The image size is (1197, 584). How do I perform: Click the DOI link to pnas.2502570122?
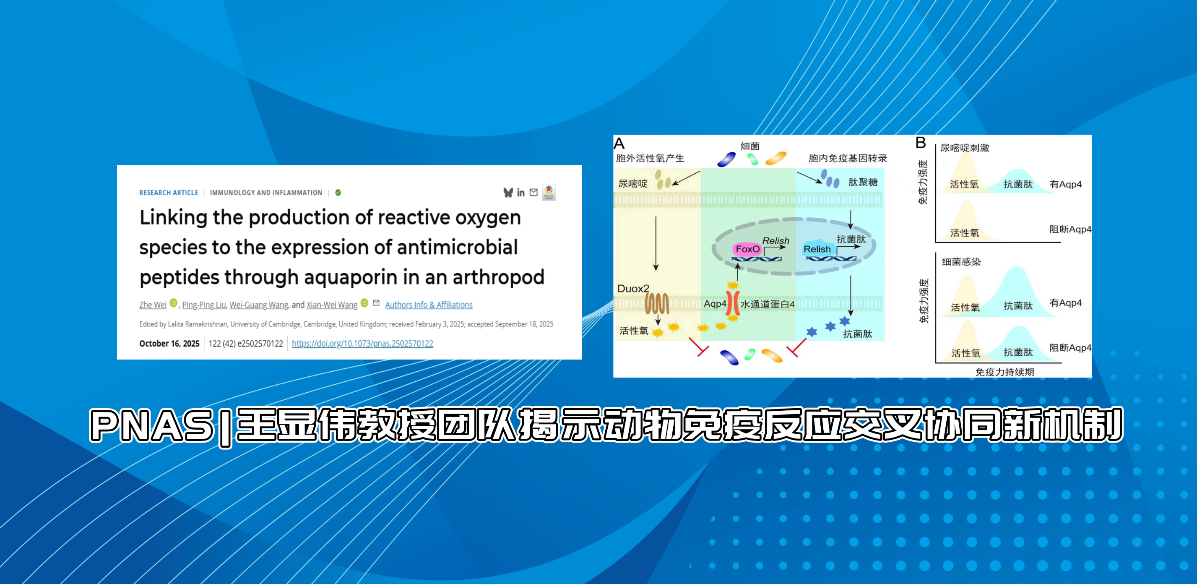[362, 344]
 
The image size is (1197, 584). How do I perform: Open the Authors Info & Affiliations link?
[429, 305]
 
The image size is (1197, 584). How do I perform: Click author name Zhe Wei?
[153, 305]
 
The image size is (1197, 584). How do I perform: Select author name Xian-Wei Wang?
[332, 305]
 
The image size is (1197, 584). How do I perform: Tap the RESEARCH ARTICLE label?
[169, 193]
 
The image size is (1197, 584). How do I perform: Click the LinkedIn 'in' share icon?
[521, 193]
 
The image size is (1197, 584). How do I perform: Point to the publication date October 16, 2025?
[169, 344]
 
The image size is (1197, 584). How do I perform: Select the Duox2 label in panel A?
[633, 288]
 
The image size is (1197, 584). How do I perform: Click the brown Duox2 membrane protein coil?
[656, 304]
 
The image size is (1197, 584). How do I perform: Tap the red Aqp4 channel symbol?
[733, 304]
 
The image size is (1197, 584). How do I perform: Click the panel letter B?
[921, 143]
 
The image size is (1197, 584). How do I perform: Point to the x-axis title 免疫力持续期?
[1004, 372]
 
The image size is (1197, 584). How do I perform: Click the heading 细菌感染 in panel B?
[961, 262]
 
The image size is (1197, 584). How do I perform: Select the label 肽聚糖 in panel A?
[863, 182]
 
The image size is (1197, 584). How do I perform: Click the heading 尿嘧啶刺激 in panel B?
[965, 148]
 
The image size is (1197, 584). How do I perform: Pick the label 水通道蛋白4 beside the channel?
[768, 305]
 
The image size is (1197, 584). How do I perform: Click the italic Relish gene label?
[775, 241]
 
